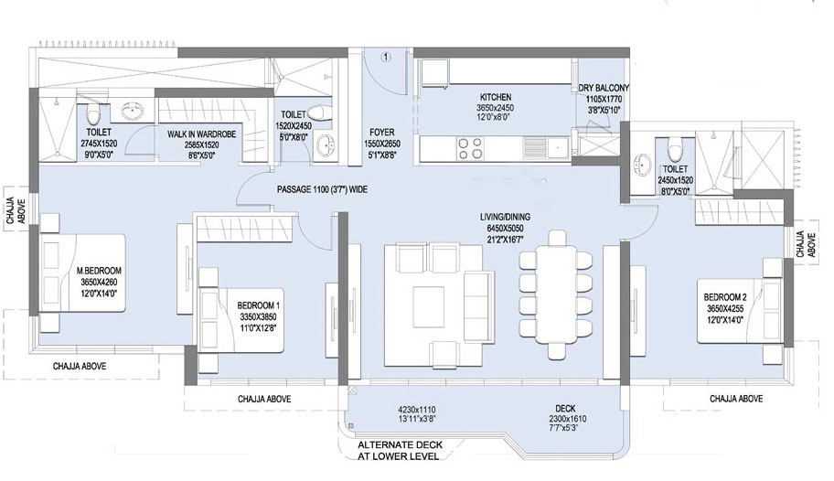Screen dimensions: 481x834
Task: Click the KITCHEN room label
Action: tap(495, 97)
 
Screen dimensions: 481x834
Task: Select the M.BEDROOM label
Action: tap(99, 271)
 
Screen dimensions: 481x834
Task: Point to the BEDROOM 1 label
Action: tap(259, 305)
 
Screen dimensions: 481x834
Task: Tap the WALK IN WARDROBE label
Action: tap(204, 134)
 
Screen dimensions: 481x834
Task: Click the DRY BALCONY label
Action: tap(601, 89)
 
